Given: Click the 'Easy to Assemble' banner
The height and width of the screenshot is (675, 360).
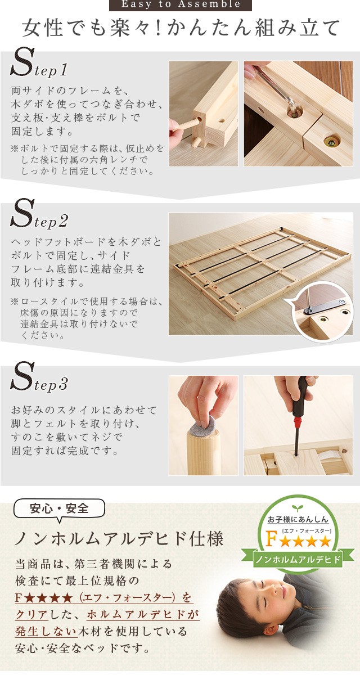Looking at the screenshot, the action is pyautogui.click(x=180, y=5).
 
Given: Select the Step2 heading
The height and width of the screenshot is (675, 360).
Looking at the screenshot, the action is pyautogui.click(x=39, y=213).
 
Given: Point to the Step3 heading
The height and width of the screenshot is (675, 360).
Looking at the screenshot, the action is pyautogui.click(x=39, y=377).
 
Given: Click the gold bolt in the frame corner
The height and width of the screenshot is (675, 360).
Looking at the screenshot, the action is pyautogui.click(x=332, y=139).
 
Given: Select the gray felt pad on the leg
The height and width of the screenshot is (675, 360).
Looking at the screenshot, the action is pyautogui.click(x=202, y=424).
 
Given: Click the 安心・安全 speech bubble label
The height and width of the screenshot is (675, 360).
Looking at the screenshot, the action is pyautogui.click(x=60, y=509).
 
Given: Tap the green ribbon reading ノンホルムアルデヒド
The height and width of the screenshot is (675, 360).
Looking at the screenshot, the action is pyautogui.click(x=298, y=560).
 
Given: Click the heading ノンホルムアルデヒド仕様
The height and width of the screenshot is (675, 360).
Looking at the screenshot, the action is pyautogui.click(x=119, y=539).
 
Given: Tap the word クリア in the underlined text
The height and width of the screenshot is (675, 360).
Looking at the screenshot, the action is pyautogui.click(x=31, y=614).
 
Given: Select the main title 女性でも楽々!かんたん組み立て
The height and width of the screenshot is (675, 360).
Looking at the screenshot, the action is pyautogui.click(x=181, y=28).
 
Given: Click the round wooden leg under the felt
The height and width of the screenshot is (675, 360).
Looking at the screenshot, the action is pyautogui.click(x=202, y=452).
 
